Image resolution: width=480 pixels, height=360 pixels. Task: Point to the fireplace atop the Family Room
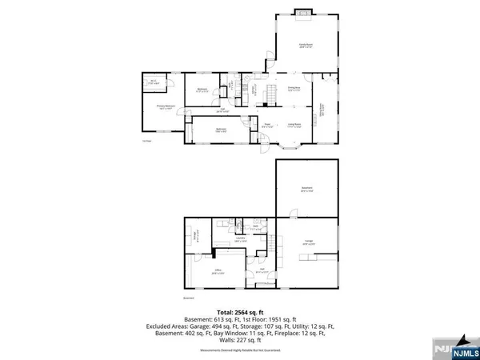tap(304, 10)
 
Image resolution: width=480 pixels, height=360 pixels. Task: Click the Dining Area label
tap(294, 88)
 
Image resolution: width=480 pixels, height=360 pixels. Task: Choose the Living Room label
tap(294, 126)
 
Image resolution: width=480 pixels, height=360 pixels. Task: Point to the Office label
tap(217, 273)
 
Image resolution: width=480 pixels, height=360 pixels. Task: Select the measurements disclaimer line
tap(240, 350)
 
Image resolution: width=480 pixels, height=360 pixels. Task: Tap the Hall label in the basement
tap(261, 269)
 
